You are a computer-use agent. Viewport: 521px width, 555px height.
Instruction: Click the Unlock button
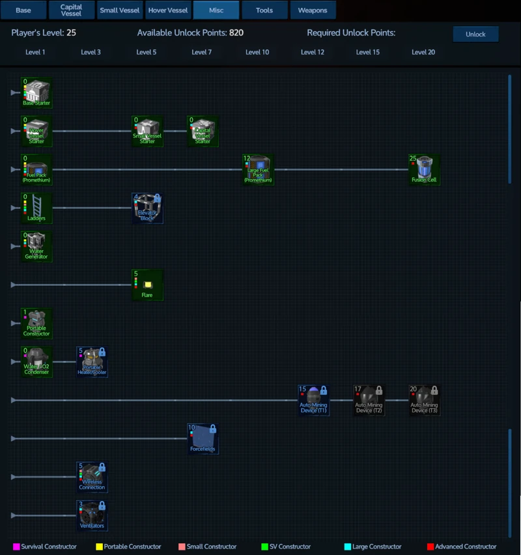point(475,34)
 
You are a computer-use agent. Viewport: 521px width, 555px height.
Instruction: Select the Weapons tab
point(313,10)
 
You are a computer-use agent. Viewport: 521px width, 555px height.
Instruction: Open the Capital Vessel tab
point(71,10)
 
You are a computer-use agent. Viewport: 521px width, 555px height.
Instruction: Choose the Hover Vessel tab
point(168,10)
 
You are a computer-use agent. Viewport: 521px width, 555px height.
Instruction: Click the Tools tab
point(264,10)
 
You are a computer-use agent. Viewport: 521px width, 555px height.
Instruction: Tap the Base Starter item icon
point(36,92)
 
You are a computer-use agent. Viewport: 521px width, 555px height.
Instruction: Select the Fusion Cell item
point(424,169)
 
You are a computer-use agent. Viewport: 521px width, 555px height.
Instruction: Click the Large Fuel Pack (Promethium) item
point(258,169)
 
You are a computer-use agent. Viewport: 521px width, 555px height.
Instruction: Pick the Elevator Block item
point(147,207)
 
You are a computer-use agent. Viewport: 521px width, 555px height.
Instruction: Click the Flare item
point(147,285)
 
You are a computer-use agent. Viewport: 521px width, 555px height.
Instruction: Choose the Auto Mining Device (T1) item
point(313,399)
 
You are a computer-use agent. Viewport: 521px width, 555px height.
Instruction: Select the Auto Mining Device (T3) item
point(424,399)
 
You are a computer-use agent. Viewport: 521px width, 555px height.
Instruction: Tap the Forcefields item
point(203,438)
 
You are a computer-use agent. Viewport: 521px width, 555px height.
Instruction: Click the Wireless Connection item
point(92,477)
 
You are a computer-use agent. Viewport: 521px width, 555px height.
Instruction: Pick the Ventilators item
point(92,515)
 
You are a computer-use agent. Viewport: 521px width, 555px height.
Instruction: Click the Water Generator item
point(36,246)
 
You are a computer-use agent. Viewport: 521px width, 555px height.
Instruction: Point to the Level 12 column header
point(313,52)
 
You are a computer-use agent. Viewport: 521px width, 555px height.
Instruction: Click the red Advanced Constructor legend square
point(430,547)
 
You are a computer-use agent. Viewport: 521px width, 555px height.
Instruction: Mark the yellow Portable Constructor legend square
point(99,547)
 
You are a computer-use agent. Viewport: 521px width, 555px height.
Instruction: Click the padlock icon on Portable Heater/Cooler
point(102,352)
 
